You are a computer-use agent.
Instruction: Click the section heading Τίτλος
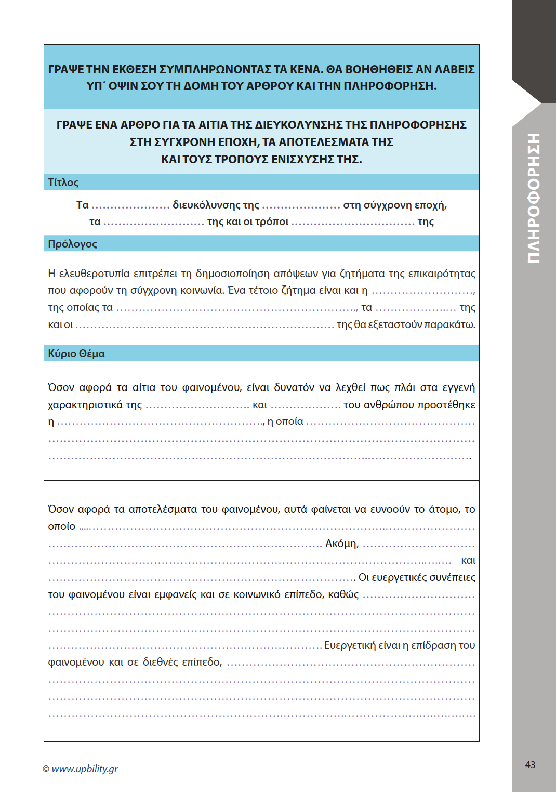pyautogui.click(x=63, y=183)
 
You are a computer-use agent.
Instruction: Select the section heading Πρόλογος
pyautogui.click(x=72, y=244)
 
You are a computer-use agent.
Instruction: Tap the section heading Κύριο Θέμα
pyautogui.click(x=76, y=354)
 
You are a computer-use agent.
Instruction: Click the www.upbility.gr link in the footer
pyautogui.click(x=85, y=769)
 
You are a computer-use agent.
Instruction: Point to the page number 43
pyautogui.click(x=530, y=764)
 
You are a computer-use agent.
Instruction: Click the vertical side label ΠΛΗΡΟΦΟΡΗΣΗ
pyautogui.click(x=534, y=198)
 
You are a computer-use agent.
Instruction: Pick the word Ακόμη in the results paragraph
pyautogui.click(x=342, y=543)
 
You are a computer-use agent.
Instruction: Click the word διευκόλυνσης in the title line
pyautogui.click(x=206, y=205)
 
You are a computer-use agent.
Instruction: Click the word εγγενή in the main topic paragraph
pyautogui.click(x=458, y=387)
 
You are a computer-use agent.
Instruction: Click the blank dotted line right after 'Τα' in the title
pyautogui.click(x=130, y=206)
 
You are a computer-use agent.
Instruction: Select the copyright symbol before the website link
pyautogui.click(x=46, y=769)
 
